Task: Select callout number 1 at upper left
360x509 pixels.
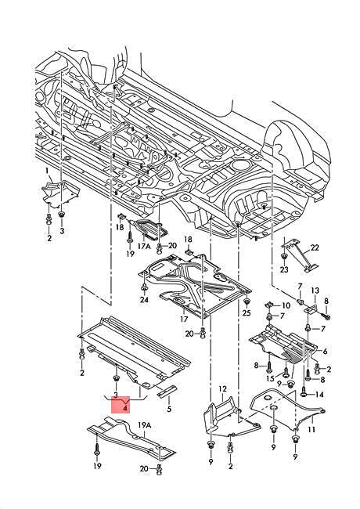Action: [46, 170]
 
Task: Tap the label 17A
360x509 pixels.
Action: [144, 246]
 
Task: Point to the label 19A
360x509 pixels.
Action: [144, 425]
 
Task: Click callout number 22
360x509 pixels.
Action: [315, 247]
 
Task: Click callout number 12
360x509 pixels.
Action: [222, 388]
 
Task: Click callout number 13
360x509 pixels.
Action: [315, 291]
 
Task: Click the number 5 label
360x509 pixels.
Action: [168, 409]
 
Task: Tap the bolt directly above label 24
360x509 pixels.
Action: [144, 287]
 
